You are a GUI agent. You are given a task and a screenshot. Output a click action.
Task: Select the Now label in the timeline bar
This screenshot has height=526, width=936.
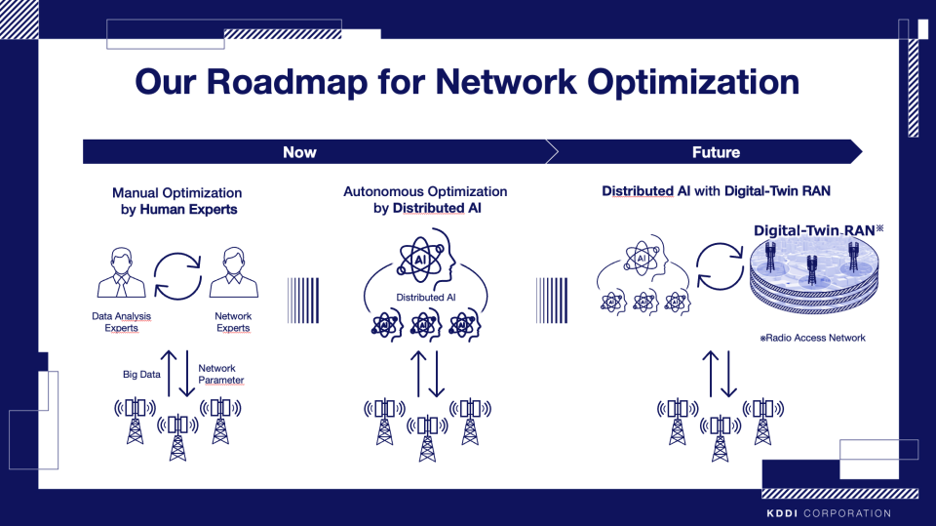click(299, 152)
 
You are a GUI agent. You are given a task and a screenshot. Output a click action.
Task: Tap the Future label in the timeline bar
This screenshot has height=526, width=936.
click(716, 152)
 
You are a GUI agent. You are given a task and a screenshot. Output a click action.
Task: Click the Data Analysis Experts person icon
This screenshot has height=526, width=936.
click(121, 273)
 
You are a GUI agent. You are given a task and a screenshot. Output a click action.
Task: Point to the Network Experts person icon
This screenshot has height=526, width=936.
click(233, 273)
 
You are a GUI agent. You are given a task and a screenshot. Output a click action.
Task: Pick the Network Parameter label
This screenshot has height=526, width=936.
click(221, 374)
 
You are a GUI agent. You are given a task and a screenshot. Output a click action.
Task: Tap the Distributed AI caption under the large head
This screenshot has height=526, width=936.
click(426, 297)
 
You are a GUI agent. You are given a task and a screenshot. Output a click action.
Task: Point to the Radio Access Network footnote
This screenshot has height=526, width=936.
click(813, 338)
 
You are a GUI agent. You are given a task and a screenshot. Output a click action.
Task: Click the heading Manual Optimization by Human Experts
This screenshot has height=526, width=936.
click(175, 201)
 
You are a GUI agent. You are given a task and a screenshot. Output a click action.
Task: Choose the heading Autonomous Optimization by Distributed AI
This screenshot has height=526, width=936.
click(425, 200)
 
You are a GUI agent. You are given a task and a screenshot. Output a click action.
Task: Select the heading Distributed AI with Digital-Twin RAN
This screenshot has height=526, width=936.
click(717, 191)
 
